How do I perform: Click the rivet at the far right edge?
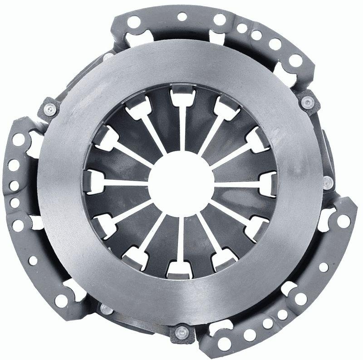(x=328, y=182)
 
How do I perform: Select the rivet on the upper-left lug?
(x=51, y=109)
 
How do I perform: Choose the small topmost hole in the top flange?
(x=182, y=17)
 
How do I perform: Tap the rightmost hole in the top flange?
(x=295, y=59)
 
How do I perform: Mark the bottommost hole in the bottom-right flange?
(x=224, y=344)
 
